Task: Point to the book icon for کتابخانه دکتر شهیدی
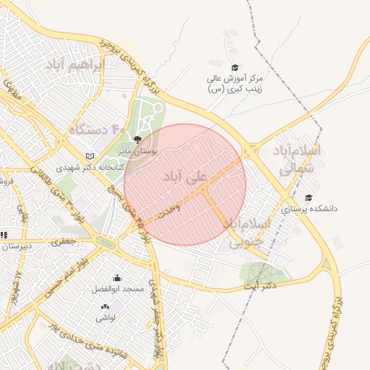tap(90, 155)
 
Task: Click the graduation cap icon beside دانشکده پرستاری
tap(309, 197)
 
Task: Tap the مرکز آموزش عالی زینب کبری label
tap(236, 82)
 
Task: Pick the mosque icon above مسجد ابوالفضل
tap(117, 277)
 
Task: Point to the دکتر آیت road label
tap(259, 286)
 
